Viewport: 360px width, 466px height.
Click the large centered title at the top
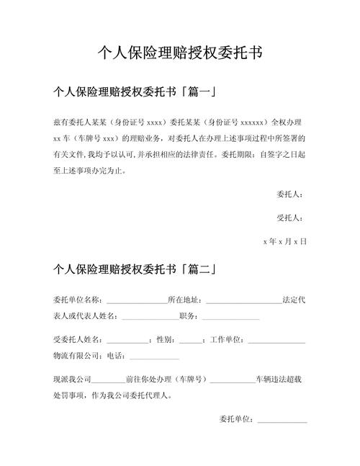[x=179, y=53]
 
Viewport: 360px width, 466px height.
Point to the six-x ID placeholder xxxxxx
[x=252, y=122]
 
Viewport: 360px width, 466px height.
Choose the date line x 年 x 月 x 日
[x=285, y=241]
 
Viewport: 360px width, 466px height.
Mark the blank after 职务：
[x=230, y=315]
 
